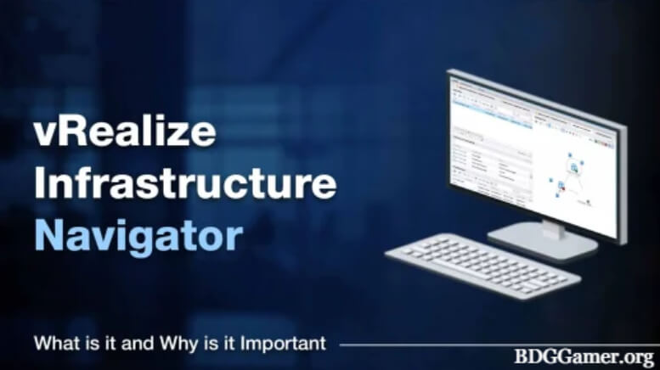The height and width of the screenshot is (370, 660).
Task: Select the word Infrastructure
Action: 185,184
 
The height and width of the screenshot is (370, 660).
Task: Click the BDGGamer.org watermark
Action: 583,356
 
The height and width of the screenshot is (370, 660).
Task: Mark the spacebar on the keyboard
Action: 476,281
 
